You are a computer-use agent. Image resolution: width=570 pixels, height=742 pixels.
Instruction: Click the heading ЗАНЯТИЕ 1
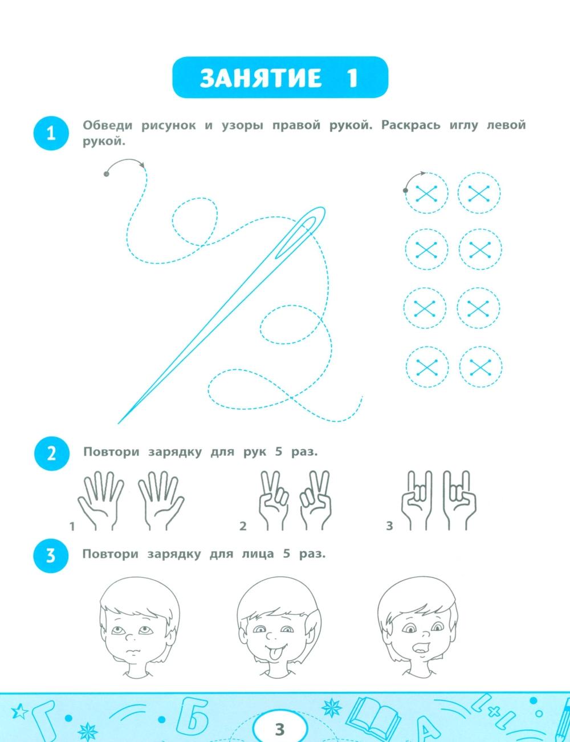(x=279, y=78)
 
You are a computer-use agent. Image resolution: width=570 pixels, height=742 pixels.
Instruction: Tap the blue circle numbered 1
(x=51, y=133)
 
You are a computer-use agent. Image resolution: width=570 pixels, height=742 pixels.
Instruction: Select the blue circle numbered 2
(x=51, y=453)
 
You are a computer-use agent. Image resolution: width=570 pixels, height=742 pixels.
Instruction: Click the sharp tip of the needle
(x=119, y=423)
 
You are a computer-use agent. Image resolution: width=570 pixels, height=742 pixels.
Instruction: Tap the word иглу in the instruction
(x=464, y=125)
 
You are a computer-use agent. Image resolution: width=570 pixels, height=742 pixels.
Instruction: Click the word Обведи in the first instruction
(x=108, y=125)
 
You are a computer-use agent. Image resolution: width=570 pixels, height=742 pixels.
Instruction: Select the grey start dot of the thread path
(x=106, y=174)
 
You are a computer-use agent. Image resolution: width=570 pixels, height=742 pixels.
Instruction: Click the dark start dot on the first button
(x=405, y=190)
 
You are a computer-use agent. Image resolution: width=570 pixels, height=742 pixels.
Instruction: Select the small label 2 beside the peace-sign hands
(x=243, y=526)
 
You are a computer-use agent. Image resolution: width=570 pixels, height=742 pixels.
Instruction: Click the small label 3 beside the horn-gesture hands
(x=389, y=526)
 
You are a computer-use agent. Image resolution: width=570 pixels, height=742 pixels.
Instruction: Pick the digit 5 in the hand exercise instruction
(x=279, y=452)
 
